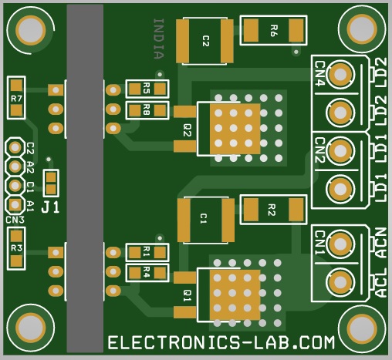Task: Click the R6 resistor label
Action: coord(274,31)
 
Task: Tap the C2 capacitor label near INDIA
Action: coord(206,41)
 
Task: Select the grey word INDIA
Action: coord(158,39)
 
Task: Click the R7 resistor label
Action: coord(16,99)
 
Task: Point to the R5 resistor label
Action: coord(147,88)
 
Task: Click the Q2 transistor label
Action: coord(188,130)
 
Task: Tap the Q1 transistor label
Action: coord(188,296)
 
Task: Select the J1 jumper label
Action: coord(50,207)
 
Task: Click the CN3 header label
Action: coord(15,220)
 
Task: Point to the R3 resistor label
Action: coord(16,248)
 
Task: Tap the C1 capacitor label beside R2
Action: coord(203,219)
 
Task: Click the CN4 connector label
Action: coord(319,74)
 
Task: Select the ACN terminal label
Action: coord(381,243)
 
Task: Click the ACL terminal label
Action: coord(381,283)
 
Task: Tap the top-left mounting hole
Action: coord(31,30)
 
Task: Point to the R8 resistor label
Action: coord(147,109)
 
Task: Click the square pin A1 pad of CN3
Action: coord(15,205)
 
